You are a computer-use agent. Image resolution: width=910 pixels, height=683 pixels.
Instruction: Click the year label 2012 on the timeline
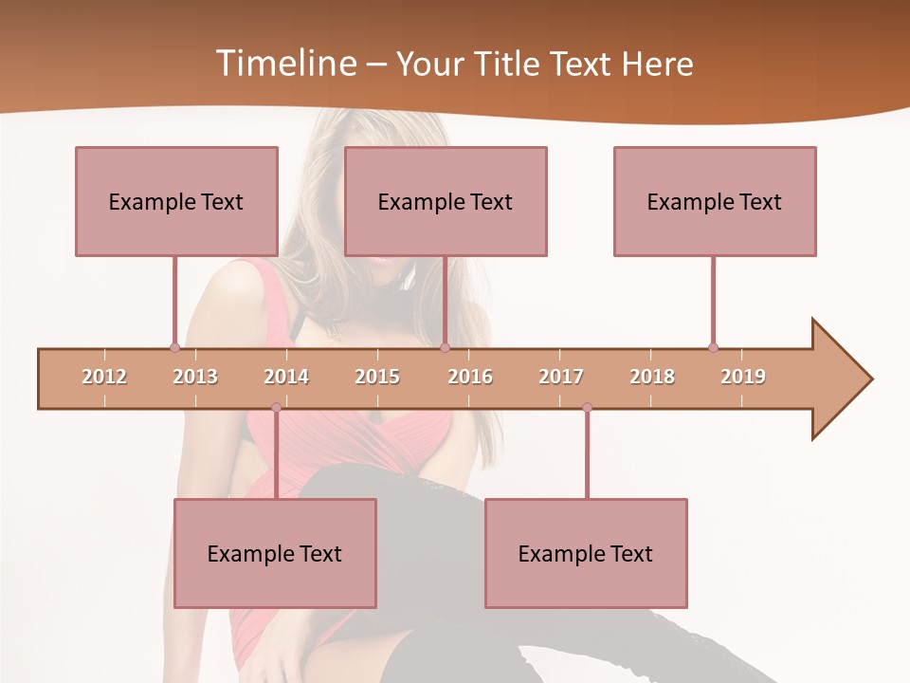[x=104, y=377]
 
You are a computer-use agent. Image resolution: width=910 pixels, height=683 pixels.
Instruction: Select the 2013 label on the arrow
[x=195, y=377]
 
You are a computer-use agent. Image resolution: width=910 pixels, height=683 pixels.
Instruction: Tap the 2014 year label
[x=286, y=377]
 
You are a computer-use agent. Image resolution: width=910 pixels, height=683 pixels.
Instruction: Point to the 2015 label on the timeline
[x=377, y=377]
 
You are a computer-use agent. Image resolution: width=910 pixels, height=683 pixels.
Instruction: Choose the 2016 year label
[x=470, y=377]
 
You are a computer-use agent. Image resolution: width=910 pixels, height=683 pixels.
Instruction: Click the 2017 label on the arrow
[x=561, y=377]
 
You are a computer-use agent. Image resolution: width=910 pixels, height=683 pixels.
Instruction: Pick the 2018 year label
[x=652, y=377]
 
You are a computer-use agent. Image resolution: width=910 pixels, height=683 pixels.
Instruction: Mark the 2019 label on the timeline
[x=743, y=377]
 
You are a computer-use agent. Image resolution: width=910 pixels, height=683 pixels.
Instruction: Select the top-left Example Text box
[x=176, y=201]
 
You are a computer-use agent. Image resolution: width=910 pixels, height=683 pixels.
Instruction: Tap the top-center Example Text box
[x=446, y=201]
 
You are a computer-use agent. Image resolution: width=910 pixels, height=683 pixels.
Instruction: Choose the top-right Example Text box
[x=715, y=201]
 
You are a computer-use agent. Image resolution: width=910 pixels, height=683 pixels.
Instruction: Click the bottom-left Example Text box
[x=275, y=553]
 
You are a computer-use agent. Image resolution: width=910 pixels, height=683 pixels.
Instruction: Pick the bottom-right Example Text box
[x=586, y=553]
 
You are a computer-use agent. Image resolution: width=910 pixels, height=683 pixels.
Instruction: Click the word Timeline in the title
[x=283, y=64]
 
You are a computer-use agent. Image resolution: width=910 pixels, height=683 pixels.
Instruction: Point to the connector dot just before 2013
[x=174, y=347]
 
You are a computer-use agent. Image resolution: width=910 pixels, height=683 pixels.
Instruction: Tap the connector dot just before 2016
[x=445, y=347]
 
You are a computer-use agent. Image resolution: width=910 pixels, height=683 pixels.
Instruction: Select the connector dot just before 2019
[x=713, y=347]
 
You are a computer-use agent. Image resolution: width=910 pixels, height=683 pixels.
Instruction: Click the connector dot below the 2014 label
[x=276, y=408]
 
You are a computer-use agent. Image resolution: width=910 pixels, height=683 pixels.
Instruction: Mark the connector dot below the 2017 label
[x=587, y=408]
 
